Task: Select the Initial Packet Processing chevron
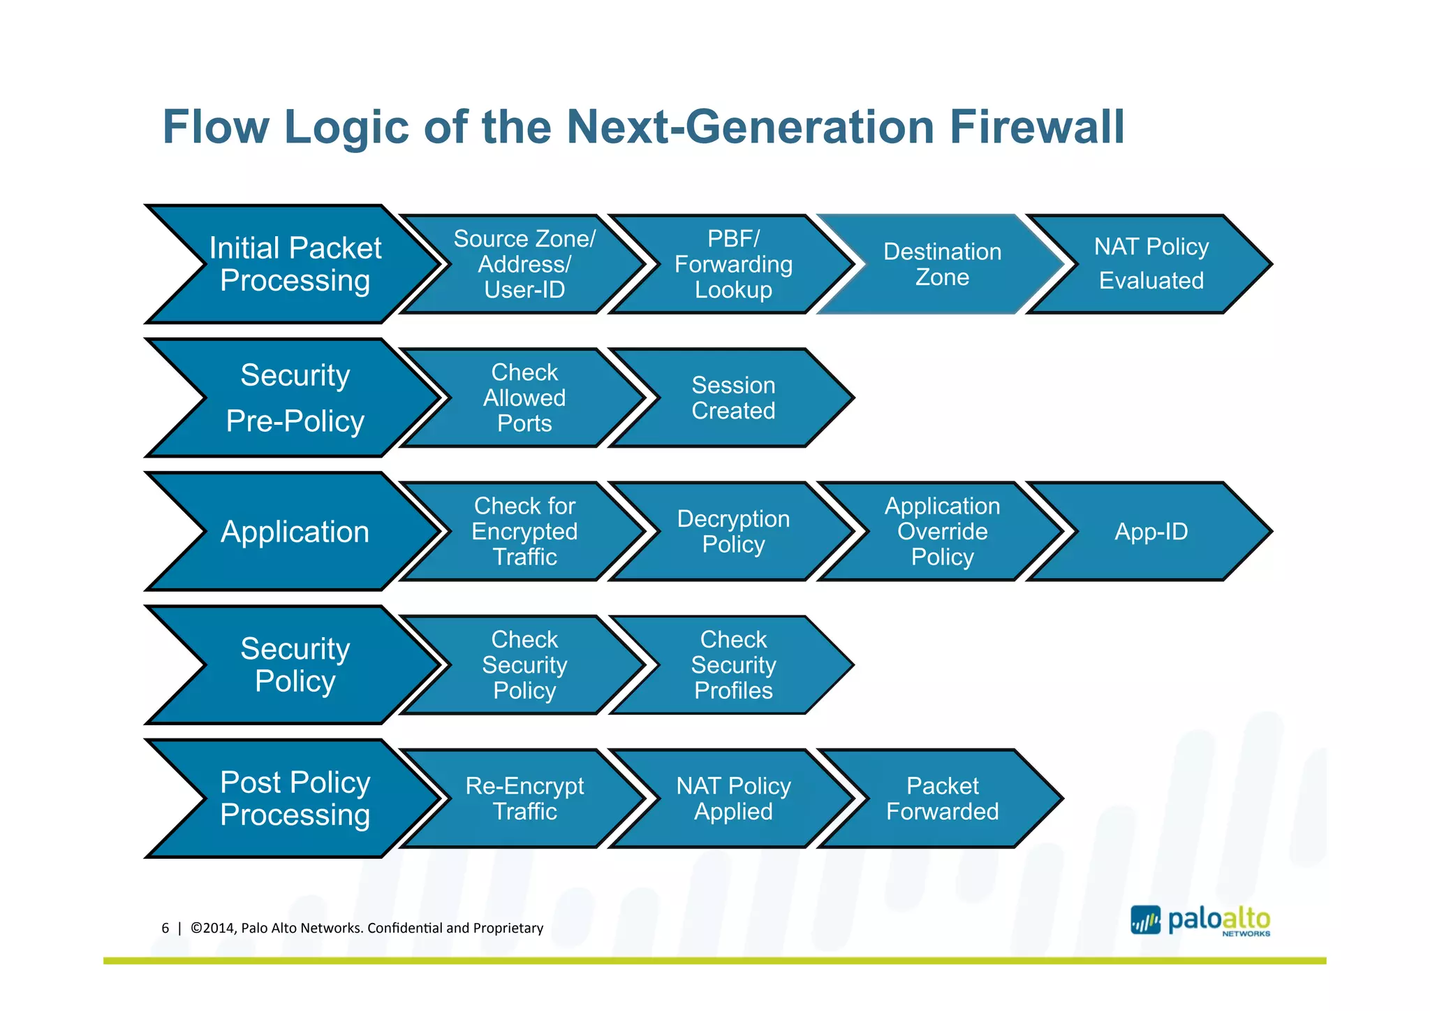point(295,265)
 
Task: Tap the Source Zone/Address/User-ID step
point(524,265)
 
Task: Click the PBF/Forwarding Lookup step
point(733,265)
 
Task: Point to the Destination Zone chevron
point(942,265)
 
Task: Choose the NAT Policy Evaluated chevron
point(1151,264)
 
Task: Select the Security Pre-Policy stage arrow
point(295,398)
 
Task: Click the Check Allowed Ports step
point(524,398)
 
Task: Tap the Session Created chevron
point(733,398)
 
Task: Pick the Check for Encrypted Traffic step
point(524,532)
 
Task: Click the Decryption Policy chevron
point(733,532)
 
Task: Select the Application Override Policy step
point(942,532)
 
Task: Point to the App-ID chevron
point(1151,532)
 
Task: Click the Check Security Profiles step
point(733,665)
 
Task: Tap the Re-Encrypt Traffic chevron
point(524,799)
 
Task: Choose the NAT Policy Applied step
point(733,799)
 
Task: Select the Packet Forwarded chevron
point(942,799)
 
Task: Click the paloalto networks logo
point(1200,920)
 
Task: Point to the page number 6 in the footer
point(165,929)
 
